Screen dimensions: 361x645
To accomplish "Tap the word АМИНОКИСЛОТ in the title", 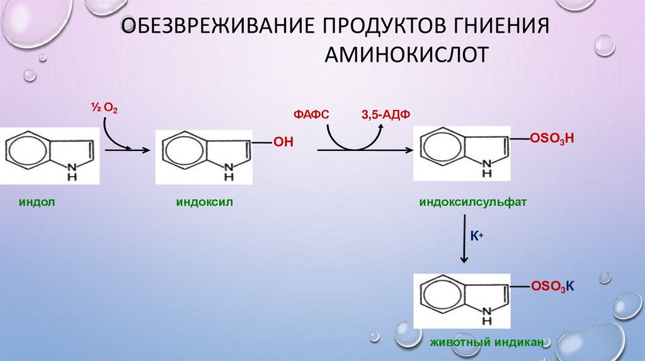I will coord(406,55).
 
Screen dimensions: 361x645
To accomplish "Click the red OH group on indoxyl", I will coord(283,143).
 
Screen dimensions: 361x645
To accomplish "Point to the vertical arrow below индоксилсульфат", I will coord(464,239).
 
